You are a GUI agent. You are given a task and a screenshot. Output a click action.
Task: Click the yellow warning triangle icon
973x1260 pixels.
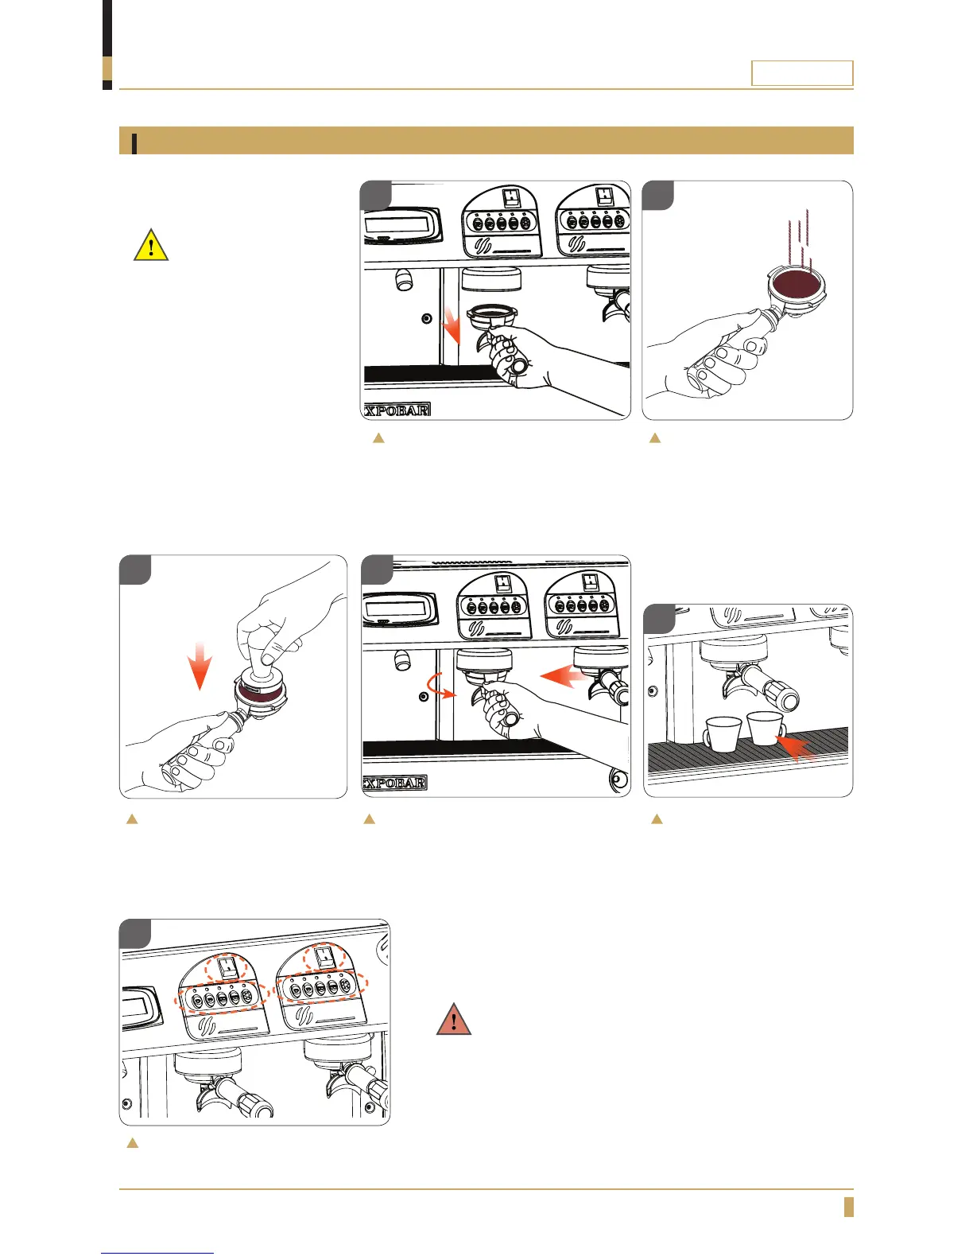(150, 245)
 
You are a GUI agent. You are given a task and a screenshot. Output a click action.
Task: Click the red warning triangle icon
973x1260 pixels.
(453, 1019)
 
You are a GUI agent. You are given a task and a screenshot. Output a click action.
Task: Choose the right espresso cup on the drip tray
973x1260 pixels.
(765, 728)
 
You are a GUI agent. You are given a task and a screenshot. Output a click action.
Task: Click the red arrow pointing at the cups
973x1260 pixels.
(798, 748)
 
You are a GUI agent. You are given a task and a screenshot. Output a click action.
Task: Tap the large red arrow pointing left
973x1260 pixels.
(565, 677)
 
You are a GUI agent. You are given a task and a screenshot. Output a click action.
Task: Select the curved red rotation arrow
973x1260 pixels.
(441, 683)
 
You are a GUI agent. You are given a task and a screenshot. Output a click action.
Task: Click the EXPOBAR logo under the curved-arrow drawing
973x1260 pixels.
(395, 783)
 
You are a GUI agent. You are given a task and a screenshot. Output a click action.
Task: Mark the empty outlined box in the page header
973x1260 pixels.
(802, 73)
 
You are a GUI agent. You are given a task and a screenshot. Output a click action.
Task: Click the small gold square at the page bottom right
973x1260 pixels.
(848, 1206)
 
